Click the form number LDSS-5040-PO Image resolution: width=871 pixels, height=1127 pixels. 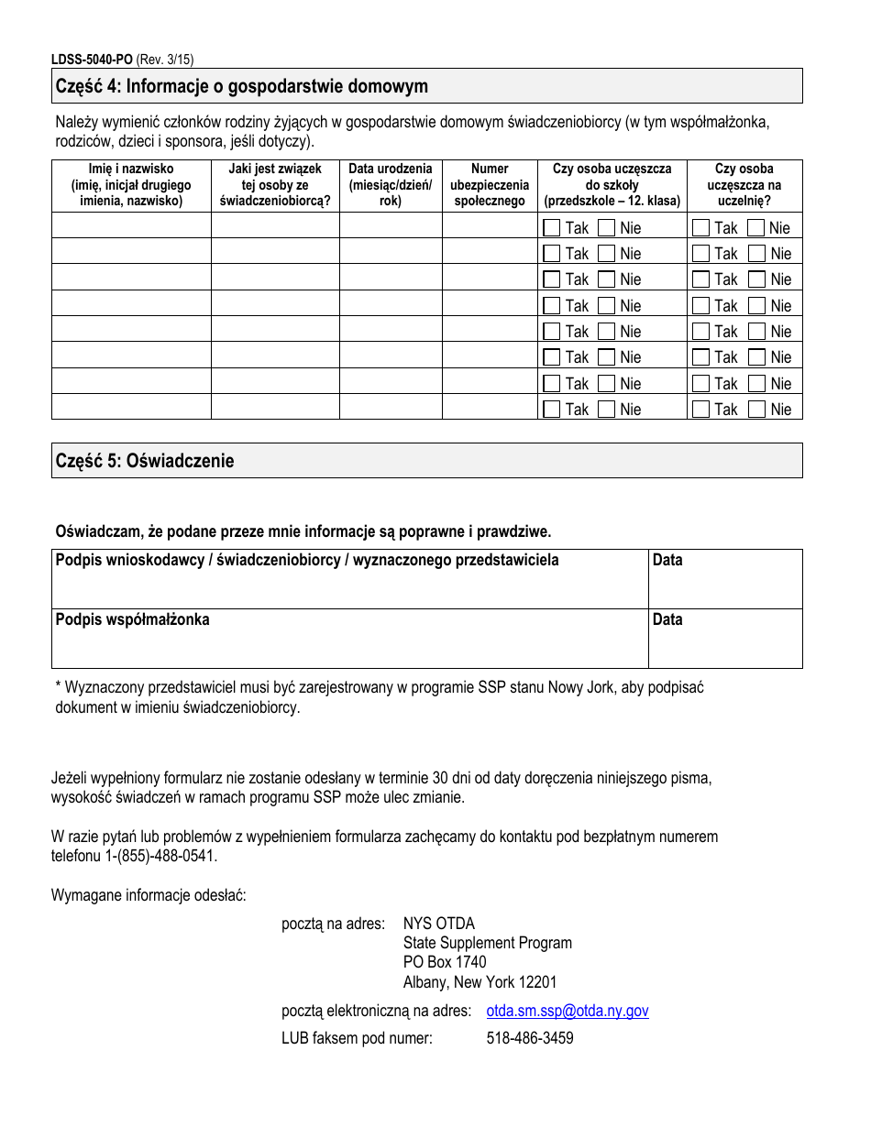coord(92,60)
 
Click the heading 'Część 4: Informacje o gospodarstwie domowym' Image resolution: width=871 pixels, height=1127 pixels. coord(242,87)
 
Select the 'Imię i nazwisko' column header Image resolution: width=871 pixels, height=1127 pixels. coord(131,185)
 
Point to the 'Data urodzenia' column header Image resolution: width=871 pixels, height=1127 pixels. coord(390,185)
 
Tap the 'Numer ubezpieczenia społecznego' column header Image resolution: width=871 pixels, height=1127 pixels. coord(489,185)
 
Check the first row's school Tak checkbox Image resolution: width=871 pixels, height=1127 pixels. coord(551,227)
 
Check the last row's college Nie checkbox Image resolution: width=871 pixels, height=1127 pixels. coord(756,410)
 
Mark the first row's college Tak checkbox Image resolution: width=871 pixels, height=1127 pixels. coord(700,227)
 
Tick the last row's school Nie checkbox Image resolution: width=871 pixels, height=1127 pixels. coord(606,410)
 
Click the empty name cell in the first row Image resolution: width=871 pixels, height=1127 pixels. coord(131,226)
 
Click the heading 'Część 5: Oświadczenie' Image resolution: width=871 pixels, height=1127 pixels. coord(145,461)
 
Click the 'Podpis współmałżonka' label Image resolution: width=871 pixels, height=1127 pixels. coord(133,620)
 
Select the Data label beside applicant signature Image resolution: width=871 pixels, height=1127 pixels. coord(667,561)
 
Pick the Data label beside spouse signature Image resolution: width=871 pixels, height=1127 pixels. coord(667,620)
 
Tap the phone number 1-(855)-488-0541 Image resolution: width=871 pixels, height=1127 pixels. coord(160,857)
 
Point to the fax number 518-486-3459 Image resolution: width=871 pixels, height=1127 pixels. coord(530,1038)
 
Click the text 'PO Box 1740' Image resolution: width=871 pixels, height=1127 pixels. coord(445,962)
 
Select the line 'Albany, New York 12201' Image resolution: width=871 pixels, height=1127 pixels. coord(480,982)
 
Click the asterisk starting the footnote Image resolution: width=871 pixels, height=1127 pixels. coord(59,686)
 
